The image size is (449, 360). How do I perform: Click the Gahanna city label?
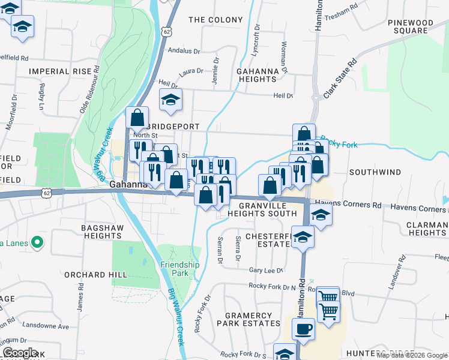pyautogui.click(x=128, y=185)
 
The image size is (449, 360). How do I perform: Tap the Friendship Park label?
pyautogui.click(x=179, y=269)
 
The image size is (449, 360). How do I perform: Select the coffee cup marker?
pyautogui.click(x=303, y=329)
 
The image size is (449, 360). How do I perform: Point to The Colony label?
pyautogui.click(x=215, y=20)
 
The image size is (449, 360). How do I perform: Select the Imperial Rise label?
pyautogui.click(x=59, y=71)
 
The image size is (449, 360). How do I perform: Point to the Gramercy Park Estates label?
pyautogui.click(x=252, y=319)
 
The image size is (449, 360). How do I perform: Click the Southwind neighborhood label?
pyautogui.click(x=375, y=172)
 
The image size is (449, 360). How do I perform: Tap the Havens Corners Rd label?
pyautogui.click(x=348, y=205)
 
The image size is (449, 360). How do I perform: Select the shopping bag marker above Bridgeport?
pyautogui.click(x=137, y=118)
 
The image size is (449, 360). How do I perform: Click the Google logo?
pyautogui.click(x=20, y=353)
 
